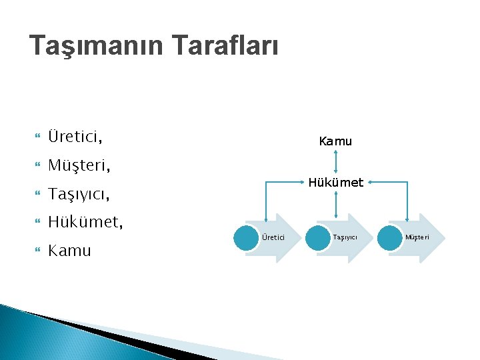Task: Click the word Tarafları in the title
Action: (x=225, y=46)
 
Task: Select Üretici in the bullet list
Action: (x=75, y=137)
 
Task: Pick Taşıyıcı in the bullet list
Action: (x=79, y=194)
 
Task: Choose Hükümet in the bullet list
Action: (x=85, y=222)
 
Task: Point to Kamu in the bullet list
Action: (x=69, y=251)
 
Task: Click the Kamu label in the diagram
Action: (x=335, y=141)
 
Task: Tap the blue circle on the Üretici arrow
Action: (x=247, y=238)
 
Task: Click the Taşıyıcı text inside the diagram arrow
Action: (x=345, y=238)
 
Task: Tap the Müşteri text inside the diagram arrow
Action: (x=418, y=238)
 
